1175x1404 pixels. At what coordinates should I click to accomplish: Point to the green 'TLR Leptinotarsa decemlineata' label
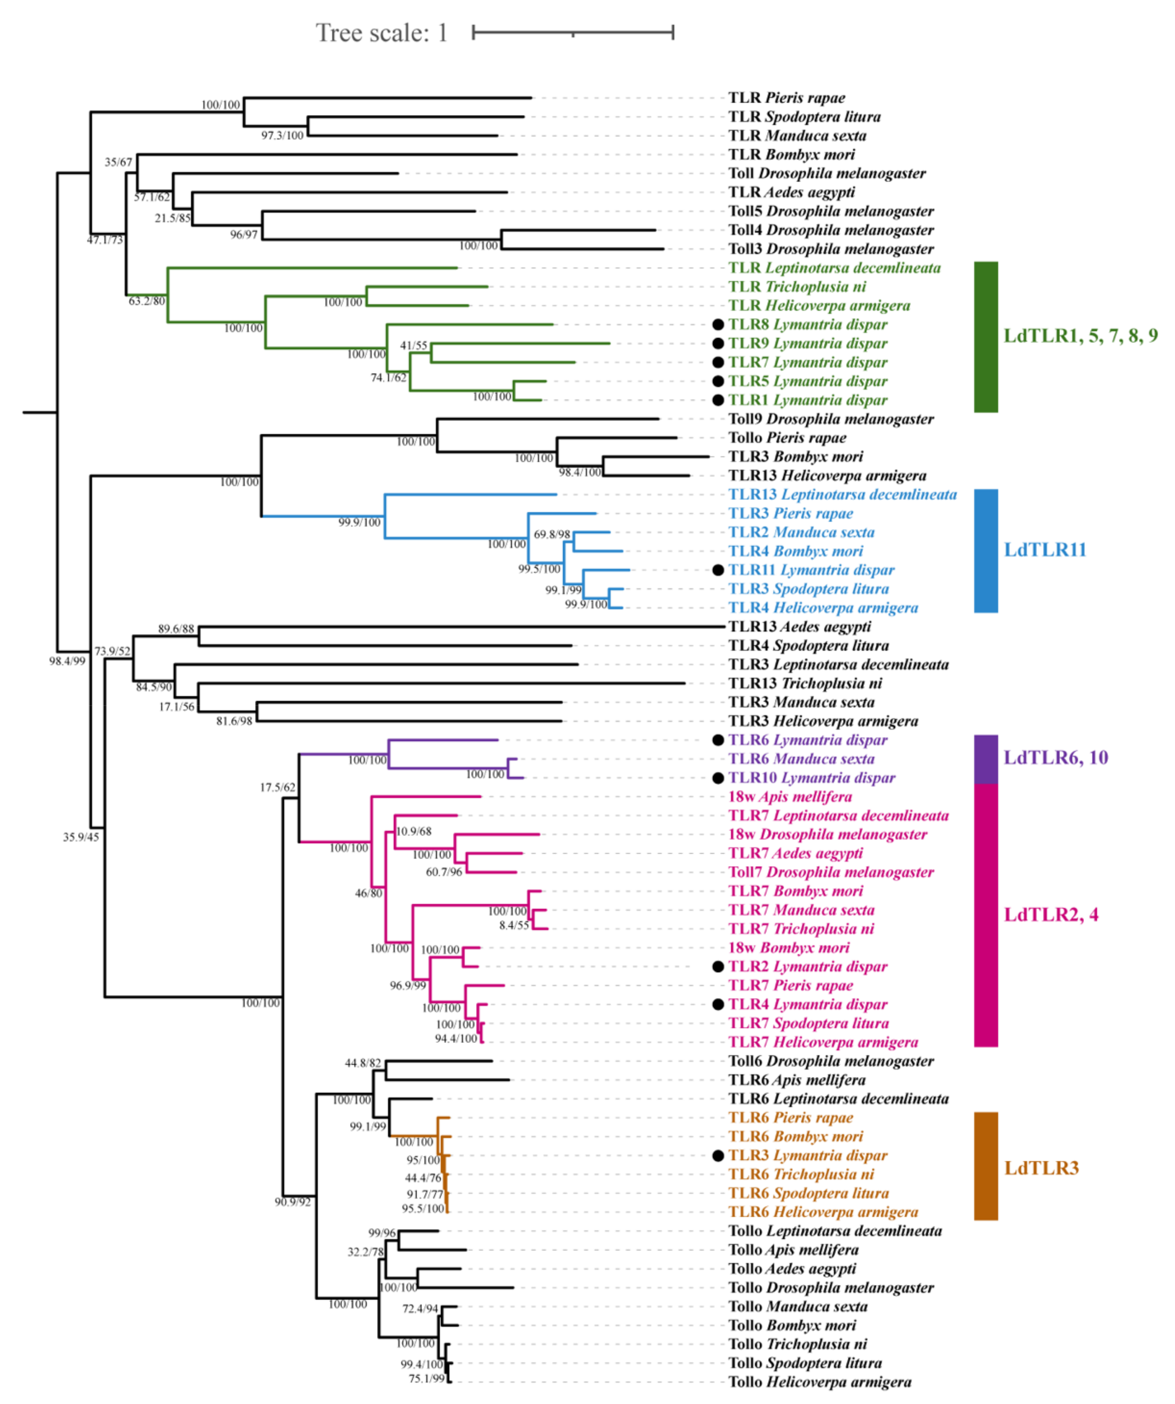coord(834,268)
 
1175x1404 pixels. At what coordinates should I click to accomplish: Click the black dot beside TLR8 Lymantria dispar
coord(718,325)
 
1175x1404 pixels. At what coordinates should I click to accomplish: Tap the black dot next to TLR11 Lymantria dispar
coord(718,570)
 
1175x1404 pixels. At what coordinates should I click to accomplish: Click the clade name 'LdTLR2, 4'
coord(1051,915)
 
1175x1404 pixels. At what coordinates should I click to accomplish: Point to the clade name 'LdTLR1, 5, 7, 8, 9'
coord(1080,335)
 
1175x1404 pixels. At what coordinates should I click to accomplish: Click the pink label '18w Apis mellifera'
coord(790,797)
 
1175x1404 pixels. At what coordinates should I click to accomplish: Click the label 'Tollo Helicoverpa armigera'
coord(819,1382)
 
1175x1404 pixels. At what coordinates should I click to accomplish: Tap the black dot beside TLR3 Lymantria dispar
coord(718,1156)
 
